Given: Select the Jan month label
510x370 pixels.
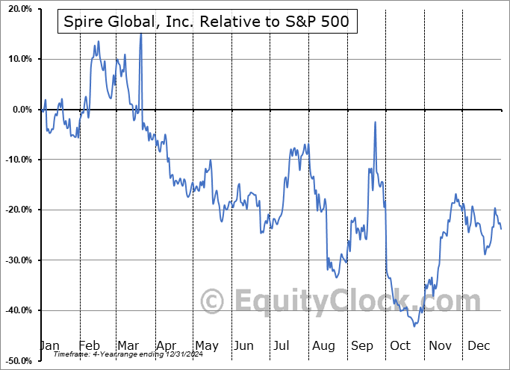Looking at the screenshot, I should [x=49, y=345].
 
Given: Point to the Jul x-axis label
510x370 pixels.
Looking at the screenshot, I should [x=282, y=345].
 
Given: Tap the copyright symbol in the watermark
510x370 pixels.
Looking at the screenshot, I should [x=214, y=302].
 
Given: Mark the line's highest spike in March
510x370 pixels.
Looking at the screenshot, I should [x=140, y=34].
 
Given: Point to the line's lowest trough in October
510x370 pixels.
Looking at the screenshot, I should [x=414, y=326].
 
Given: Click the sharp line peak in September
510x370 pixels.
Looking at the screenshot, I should [x=375, y=122].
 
